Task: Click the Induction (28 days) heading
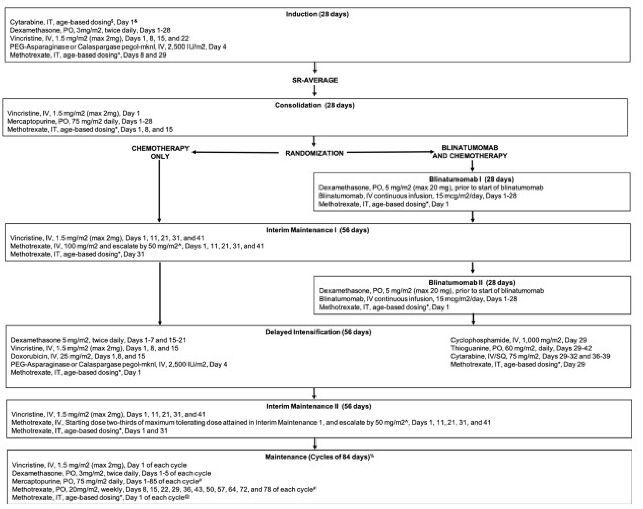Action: click(x=317, y=14)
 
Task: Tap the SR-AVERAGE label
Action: click(x=315, y=80)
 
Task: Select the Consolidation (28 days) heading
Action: click(x=315, y=105)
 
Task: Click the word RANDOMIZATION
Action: click(x=314, y=153)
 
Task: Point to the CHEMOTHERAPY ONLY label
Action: click(x=160, y=152)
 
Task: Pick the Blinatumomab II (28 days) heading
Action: click(x=472, y=283)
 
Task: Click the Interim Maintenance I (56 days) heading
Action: click(x=317, y=230)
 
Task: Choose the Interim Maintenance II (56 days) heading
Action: click(x=318, y=406)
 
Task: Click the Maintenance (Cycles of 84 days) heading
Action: click(x=319, y=456)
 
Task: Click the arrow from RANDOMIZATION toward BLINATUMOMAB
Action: click(x=390, y=153)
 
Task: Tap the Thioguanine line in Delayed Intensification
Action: click(x=521, y=348)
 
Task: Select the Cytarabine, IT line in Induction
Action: click(x=73, y=22)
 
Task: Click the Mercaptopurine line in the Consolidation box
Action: click(x=80, y=121)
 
